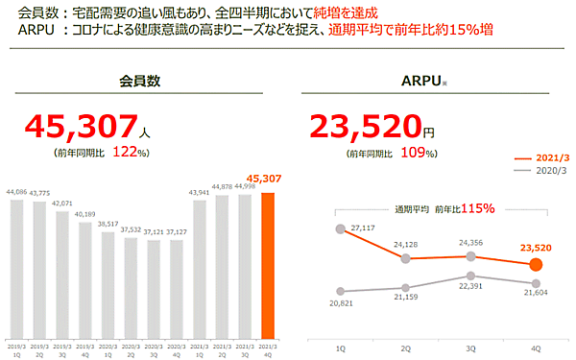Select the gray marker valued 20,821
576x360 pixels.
(340, 291)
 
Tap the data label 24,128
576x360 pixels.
(405, 246)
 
